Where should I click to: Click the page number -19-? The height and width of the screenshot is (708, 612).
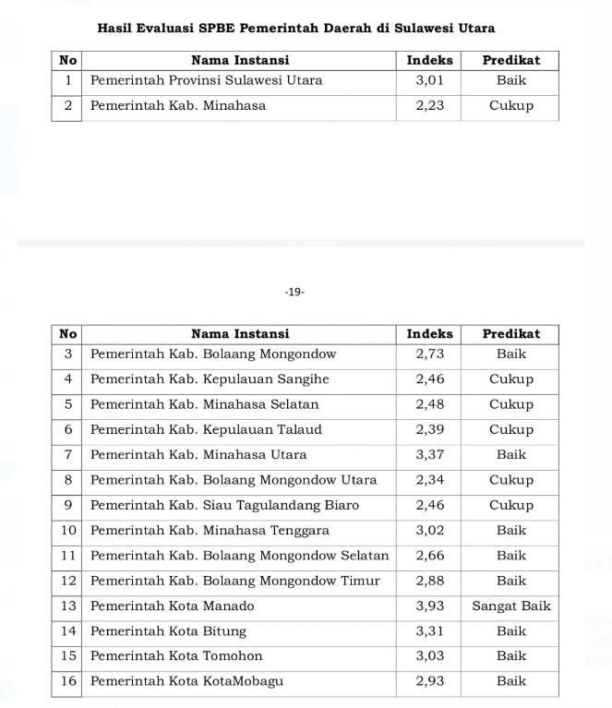[294, 292]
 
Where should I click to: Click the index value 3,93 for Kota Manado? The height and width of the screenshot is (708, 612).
[430, 606]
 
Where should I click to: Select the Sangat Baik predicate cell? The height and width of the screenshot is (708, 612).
[510, 606]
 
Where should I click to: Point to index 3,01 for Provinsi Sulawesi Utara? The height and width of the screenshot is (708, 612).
[430, 80]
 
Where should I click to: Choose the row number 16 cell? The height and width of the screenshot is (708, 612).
[67, 681]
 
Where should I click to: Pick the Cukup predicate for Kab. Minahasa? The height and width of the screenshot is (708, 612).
[510, 105]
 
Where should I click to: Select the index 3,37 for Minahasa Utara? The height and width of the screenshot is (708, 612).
[430, 454]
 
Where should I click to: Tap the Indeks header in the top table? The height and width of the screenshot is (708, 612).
[430, 60]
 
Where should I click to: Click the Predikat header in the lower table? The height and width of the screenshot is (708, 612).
[510, 333]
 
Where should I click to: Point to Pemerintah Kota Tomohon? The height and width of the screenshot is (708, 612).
[176, 656]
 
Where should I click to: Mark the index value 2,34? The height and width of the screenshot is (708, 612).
[430, 480]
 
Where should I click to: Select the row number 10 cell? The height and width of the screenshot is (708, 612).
[67, 530]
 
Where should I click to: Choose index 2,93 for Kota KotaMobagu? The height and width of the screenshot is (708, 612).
[430, 681]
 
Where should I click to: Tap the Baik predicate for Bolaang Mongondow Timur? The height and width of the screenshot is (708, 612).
[510, 581]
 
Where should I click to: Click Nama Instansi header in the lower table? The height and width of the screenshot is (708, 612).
[240, 333]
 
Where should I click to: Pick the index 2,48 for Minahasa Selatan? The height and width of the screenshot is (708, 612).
[430, 404]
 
